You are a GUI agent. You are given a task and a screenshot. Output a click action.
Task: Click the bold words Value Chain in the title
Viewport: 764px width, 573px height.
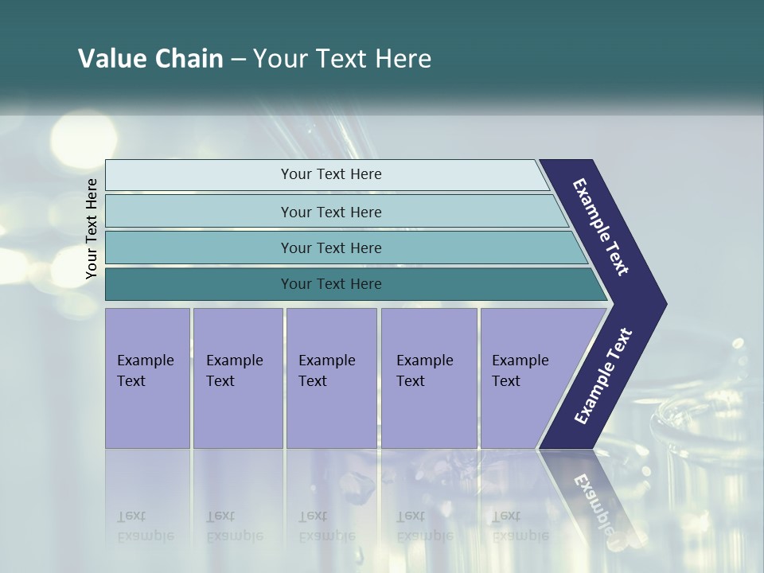click(150, 59)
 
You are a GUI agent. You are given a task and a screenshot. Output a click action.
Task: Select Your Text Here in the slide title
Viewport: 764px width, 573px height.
click(342, 59)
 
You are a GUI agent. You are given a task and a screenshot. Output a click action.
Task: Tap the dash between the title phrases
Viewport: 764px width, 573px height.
click(238, 60)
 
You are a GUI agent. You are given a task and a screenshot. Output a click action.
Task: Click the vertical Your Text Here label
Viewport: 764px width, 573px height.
click(92, 228)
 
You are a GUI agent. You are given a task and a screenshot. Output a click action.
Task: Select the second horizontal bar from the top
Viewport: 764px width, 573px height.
click(330, 212)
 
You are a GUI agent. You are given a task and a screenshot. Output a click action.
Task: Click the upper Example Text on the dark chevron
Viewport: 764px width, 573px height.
click(601, 227)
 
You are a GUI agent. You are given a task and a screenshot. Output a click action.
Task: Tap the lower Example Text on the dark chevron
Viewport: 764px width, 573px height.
click(602, 376)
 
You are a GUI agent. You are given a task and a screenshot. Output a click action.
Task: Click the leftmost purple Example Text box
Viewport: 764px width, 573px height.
click(147, 378)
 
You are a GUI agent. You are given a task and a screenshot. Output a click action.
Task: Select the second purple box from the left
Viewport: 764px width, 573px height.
click(237, 378)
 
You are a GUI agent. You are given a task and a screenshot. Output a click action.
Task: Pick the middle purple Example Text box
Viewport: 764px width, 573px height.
click(331, 378)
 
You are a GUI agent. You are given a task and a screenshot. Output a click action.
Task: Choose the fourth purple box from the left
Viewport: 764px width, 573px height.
click(429, 378)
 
